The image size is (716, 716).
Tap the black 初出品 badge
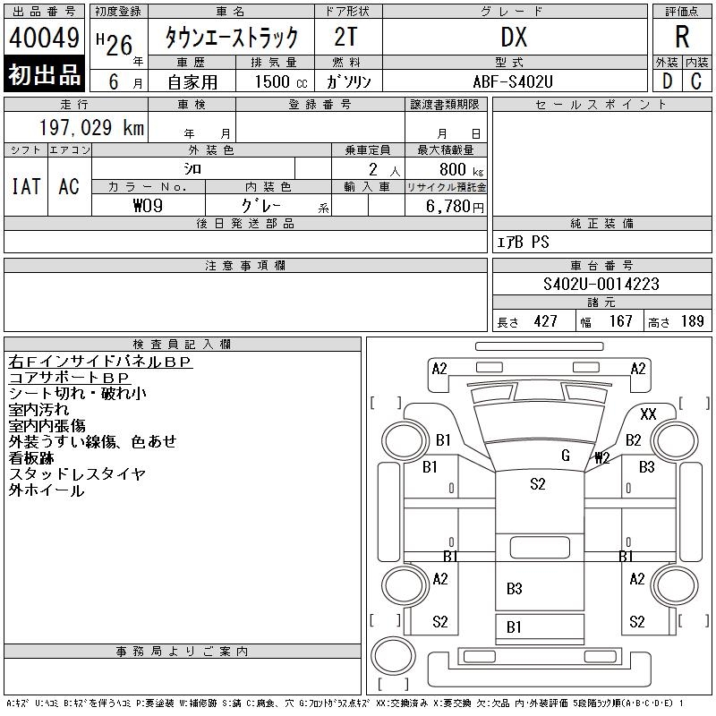click(x=44, y=74)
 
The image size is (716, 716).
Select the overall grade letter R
click(x=682, y=38)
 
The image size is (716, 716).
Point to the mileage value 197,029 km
click(x=90, y=128)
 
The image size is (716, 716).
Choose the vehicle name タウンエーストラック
click(x=230, y=38)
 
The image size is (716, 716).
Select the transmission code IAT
click(x=26, y=186)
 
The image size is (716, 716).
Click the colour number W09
click(x=148, y=205)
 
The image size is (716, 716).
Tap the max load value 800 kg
click(x=459, y=169)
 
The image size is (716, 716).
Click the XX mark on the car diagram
click(x=649, y=413)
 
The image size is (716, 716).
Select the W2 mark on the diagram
click(x=602, y=458)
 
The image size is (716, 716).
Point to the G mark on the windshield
click(x=566, y=456)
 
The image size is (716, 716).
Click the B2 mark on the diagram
click(x=634, y=439)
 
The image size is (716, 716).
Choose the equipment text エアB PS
click(x=524, y=243)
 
